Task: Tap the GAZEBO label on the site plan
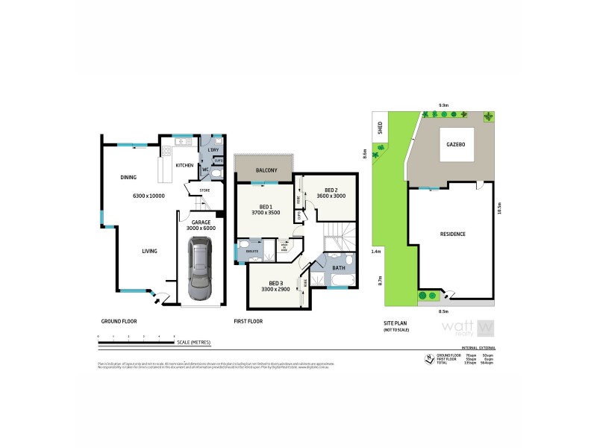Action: (456, 146)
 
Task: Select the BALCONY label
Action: (266, 171)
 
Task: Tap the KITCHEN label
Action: (184, 165)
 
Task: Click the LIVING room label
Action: (150, 251)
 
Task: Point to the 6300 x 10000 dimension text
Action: (149, 196)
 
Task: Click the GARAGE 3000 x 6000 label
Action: (199, 225)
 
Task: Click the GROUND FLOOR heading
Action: (119, 321)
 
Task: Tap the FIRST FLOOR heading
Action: (249, 321)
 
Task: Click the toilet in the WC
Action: (215, 171)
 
